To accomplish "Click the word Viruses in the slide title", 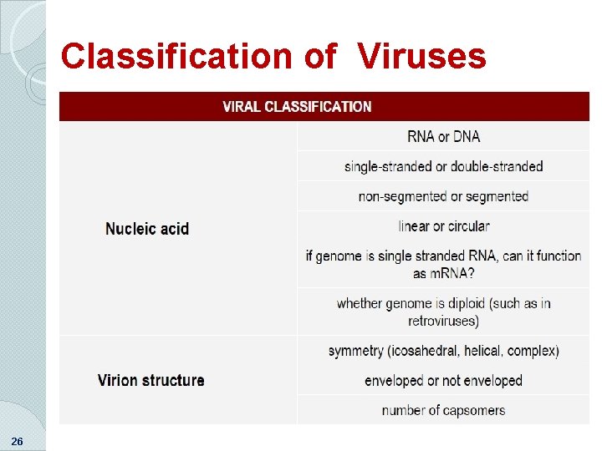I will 422,57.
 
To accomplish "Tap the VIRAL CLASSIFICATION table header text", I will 297,107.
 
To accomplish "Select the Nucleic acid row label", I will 147,229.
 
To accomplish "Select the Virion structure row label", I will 150,381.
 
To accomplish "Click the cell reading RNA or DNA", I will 443,137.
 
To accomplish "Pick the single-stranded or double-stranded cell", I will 443,167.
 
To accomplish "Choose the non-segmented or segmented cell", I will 443,196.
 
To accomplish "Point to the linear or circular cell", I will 444,226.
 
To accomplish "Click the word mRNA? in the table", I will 455,273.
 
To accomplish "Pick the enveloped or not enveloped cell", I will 443,381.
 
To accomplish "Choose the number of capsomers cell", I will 443,410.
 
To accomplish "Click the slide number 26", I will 17,441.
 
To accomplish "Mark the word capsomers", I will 472,410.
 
